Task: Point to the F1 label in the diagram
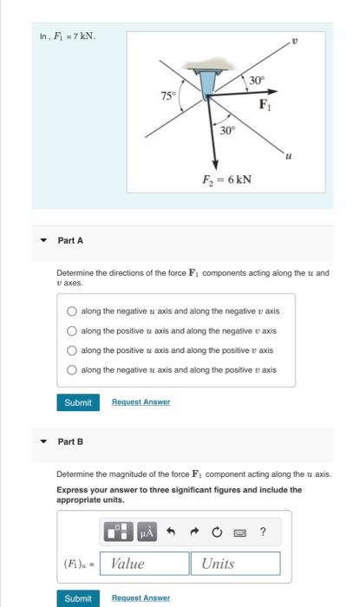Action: tap(267, 106)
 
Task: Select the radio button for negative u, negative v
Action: tap(72, 310)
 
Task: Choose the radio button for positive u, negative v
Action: tap(72, 330)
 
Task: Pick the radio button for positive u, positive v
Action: tap(72, 350)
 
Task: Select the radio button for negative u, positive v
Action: tap(72, 370)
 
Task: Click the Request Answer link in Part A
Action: tap(141, 402)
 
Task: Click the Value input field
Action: tap(145, 564)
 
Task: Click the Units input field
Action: tap(235, 564)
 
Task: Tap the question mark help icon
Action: tap(263, 531)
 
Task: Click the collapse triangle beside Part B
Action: tap(43, 441)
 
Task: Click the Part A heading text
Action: tap(69, 240)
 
